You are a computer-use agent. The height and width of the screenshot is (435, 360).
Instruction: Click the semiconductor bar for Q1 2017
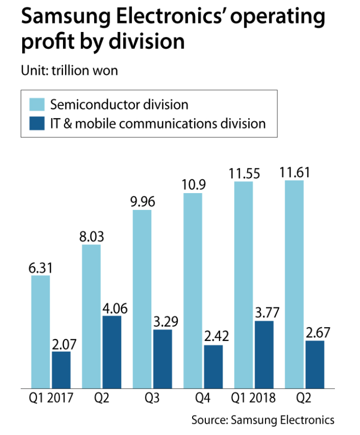[x=40, y=332]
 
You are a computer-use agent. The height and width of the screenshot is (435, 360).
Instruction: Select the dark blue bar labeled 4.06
[x=112, y=352]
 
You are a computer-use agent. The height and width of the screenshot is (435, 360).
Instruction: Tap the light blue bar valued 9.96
[x=142, y=299]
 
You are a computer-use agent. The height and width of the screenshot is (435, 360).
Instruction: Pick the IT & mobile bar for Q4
[x=213, y=367]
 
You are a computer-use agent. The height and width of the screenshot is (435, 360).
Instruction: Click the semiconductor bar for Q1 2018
[x=243, y=285]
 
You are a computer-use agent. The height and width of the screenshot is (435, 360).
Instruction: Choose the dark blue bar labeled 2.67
[x=315, y=364]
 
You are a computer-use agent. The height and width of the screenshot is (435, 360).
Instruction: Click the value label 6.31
[x=41, y=268]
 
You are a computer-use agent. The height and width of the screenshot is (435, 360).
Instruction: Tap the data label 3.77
[x=264, y=313]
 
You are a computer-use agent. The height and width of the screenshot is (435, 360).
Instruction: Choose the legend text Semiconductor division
[x=120, y=104]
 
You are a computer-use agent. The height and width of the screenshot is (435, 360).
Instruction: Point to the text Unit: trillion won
[x=69, y=70]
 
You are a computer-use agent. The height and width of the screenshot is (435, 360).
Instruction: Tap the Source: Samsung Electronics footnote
[x=263, y=420]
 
